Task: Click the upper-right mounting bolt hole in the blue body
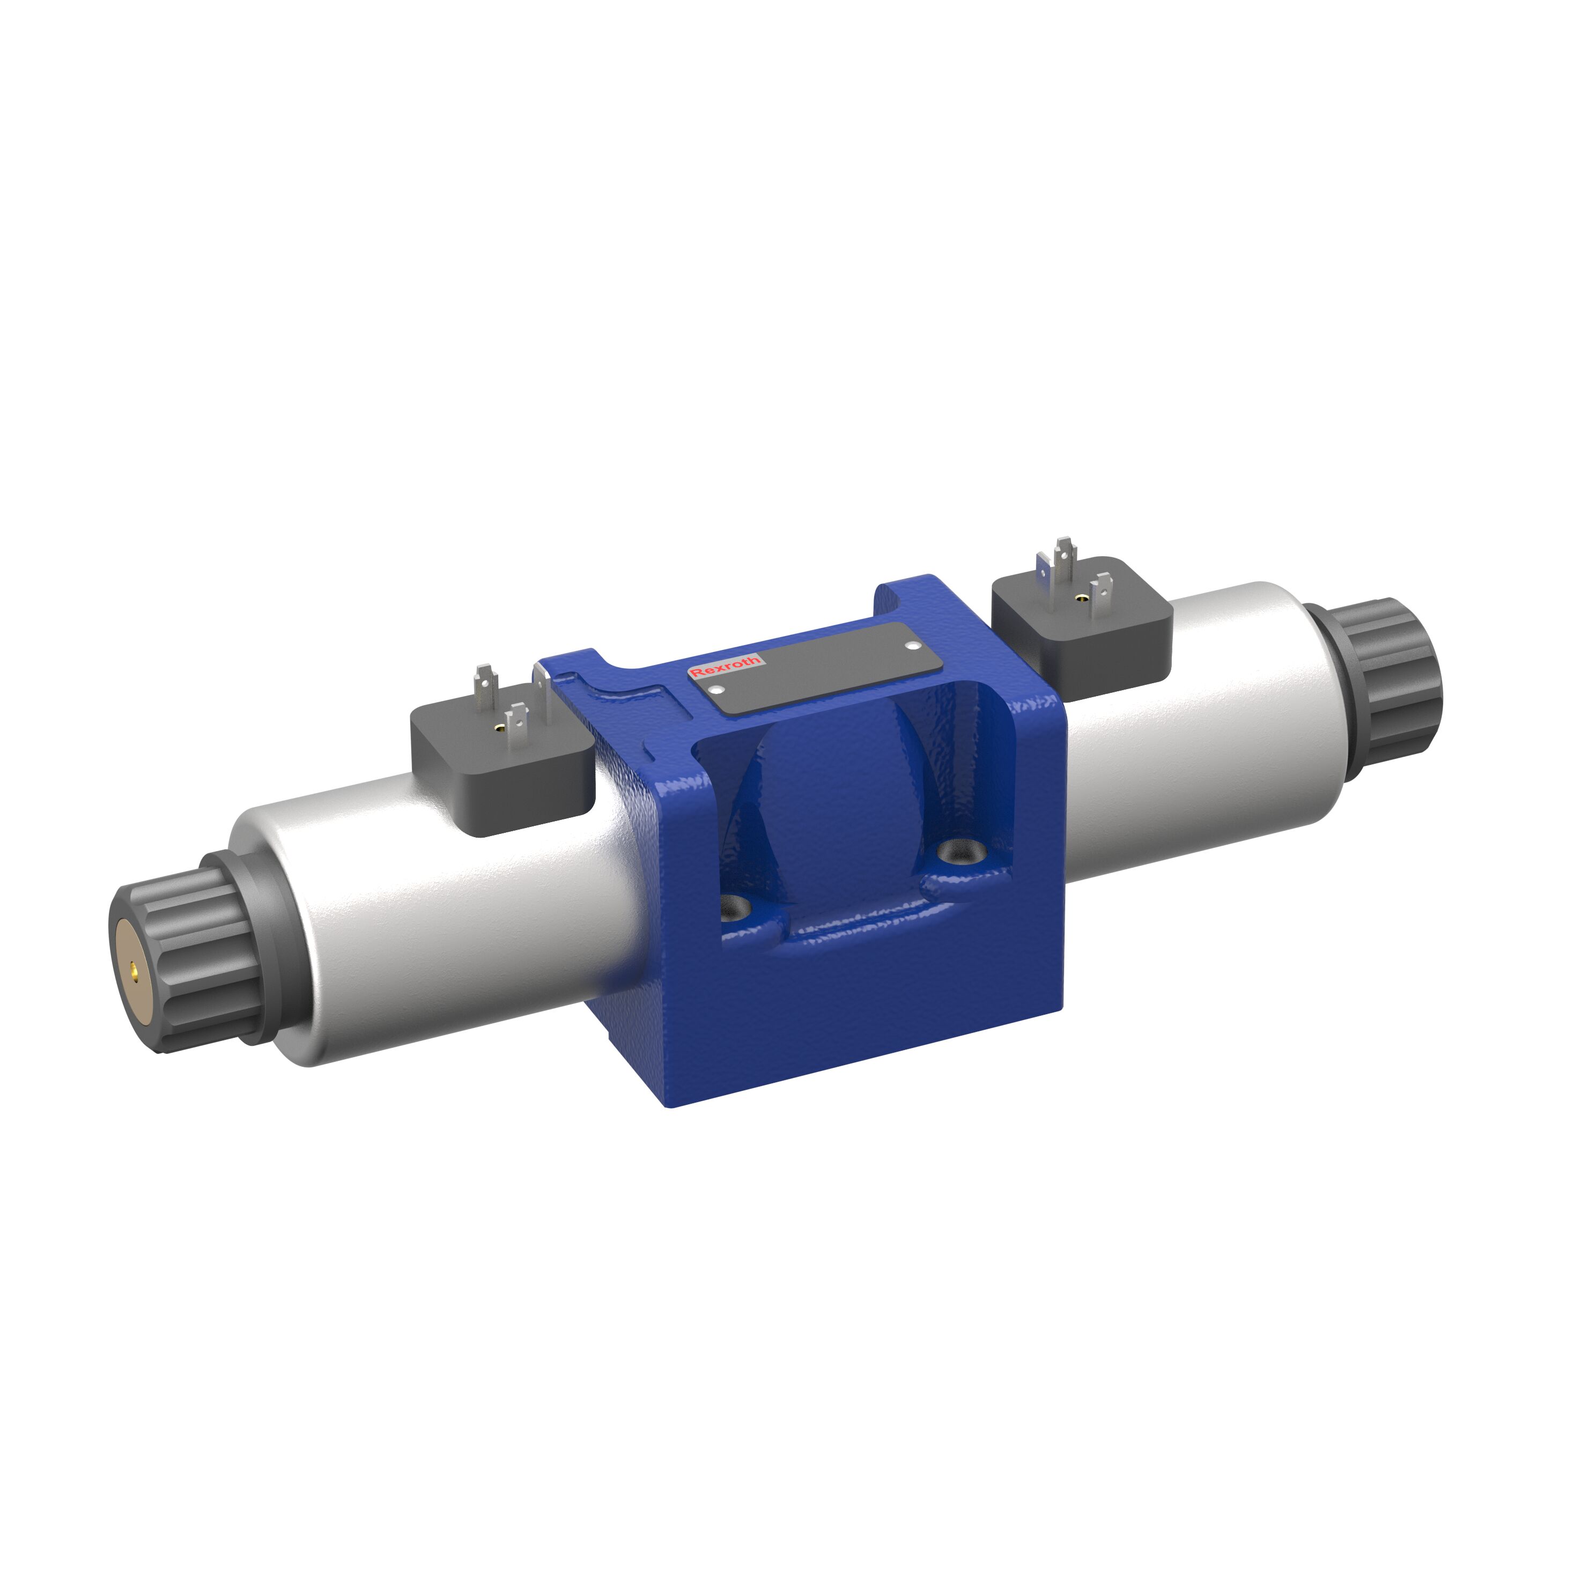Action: [x=958, y=851]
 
